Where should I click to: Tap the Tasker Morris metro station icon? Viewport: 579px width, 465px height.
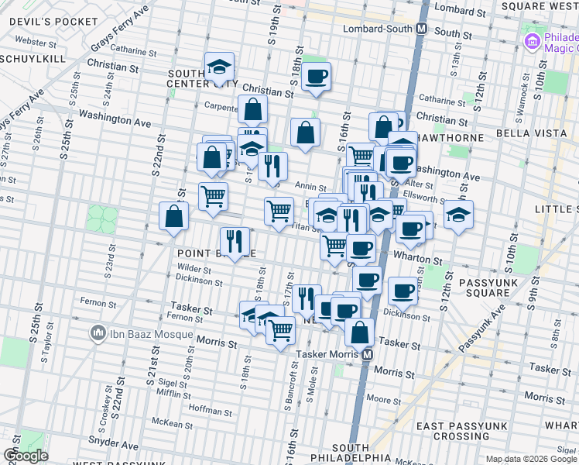pyautogui.click(x=367, y=354)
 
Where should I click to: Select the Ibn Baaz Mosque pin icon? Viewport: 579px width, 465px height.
pyautogui.click(x=98, y=334)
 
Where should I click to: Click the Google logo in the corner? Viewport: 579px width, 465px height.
pyautogui.click(x=26, y=456)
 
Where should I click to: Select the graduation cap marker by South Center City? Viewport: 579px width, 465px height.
pyautogui.click(x=220, y=67)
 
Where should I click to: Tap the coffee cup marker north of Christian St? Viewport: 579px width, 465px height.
pyautogui.click(x=316, y=77)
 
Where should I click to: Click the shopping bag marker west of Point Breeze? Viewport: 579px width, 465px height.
pyautogui.click(x=173, y=215)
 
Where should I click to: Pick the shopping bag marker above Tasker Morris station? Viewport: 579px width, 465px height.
pyautogui.click(x=360, y=331)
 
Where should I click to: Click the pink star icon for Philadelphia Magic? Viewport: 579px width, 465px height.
pyautogui.click(x=531, y=40)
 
